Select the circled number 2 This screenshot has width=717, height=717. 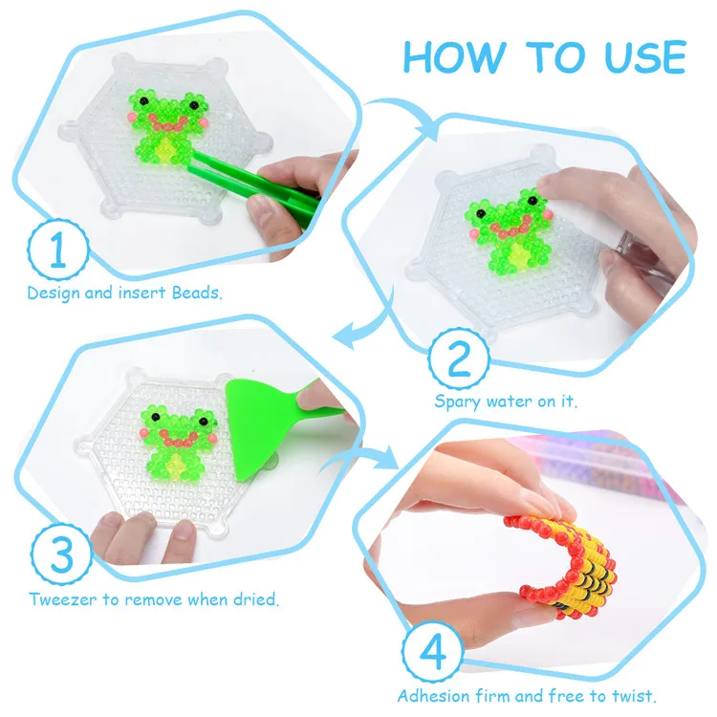coord(459,360)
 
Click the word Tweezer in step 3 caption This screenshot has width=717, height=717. coord(59,600)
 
